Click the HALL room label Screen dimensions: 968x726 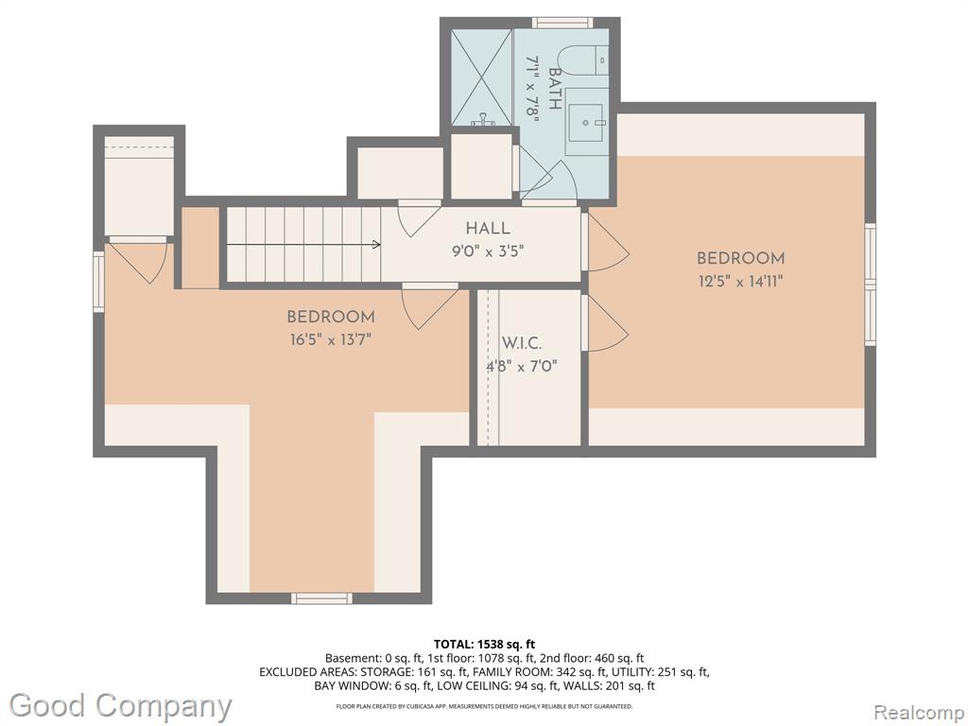[488, 229]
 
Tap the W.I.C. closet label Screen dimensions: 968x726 [522, 343]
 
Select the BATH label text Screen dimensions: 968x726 [554, 89]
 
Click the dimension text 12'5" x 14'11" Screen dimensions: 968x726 [741, 282]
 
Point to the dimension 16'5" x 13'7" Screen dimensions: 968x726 [330, 339]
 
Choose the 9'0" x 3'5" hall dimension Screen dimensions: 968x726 [488, 251]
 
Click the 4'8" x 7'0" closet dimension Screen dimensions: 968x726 [522, 367]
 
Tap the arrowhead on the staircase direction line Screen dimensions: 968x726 [376, 245]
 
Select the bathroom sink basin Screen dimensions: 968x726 [586, 123]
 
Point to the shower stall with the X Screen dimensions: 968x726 [481, 78]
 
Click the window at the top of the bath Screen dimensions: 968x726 [562, 23]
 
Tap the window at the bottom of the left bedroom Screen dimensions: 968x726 [321, 598]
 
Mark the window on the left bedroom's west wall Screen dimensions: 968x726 [98, 281]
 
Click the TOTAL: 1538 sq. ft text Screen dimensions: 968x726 [484, 645]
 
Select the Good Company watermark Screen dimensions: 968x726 [121, 706]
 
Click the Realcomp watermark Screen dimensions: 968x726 [919, 713]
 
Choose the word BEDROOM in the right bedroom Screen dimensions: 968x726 [741, 258]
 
